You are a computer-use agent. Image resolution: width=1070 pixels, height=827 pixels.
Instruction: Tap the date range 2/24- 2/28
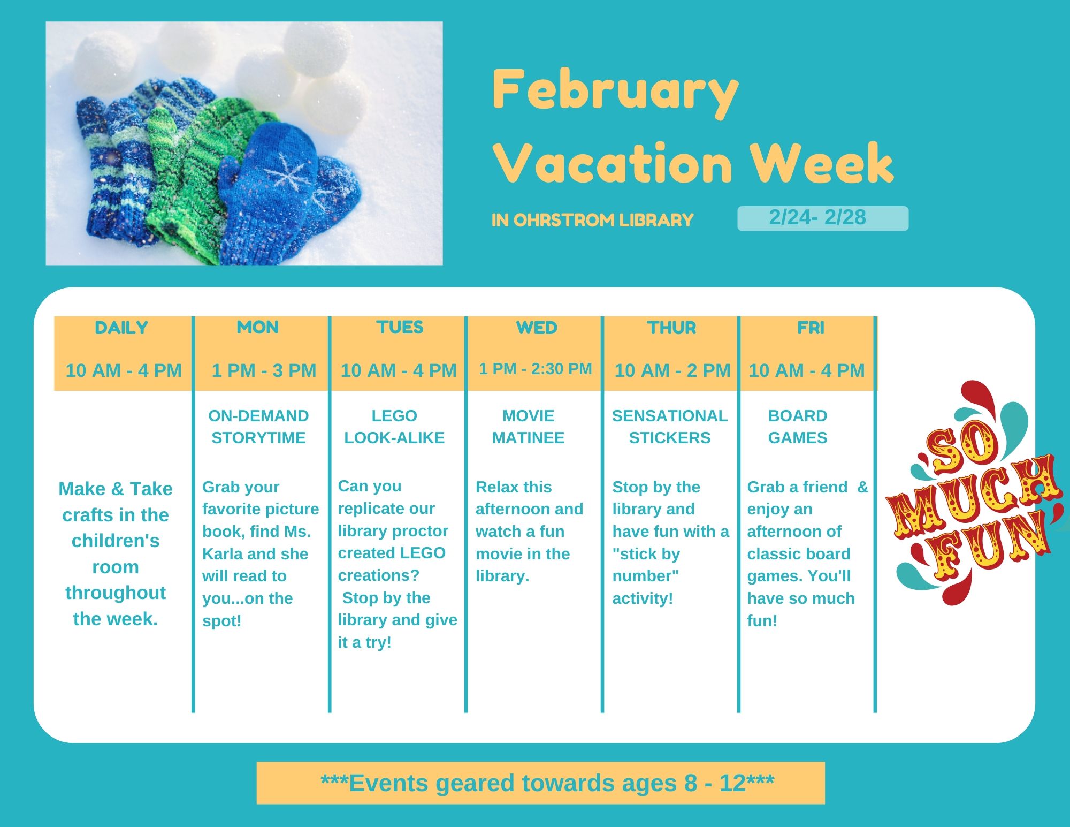coord(817,217)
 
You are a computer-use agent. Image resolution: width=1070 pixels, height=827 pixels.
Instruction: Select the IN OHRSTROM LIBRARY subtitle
coord(592,220)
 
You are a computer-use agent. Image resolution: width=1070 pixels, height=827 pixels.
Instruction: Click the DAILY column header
coord(121,328)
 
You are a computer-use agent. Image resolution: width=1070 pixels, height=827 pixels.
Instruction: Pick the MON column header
coord(258,327)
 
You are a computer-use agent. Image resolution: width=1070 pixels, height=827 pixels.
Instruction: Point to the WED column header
coord(537,328)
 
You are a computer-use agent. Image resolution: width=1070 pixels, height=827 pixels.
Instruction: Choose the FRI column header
coord(811,328)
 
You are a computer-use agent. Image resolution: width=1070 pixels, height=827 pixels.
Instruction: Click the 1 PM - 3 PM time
coord(264,370)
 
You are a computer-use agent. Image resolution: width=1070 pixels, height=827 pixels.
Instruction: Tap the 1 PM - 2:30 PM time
coord(536,369)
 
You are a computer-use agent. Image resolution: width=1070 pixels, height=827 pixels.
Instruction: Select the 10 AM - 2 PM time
coord(672,370)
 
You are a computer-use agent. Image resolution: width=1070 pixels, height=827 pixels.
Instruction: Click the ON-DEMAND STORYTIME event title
coord(258,427)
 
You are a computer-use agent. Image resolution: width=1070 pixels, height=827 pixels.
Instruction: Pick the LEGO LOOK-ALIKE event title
coord(394,427)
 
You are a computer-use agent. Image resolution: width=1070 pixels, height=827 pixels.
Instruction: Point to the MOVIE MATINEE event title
coord(529,427)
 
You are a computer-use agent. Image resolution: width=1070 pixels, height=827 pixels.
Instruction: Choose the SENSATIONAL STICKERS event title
coord(670,427)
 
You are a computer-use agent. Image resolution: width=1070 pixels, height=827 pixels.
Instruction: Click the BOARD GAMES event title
coord(798,427)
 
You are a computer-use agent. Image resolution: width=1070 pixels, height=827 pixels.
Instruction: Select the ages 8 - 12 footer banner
coord(541,783)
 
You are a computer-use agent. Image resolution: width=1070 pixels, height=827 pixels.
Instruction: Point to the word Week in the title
coord(821,163)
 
